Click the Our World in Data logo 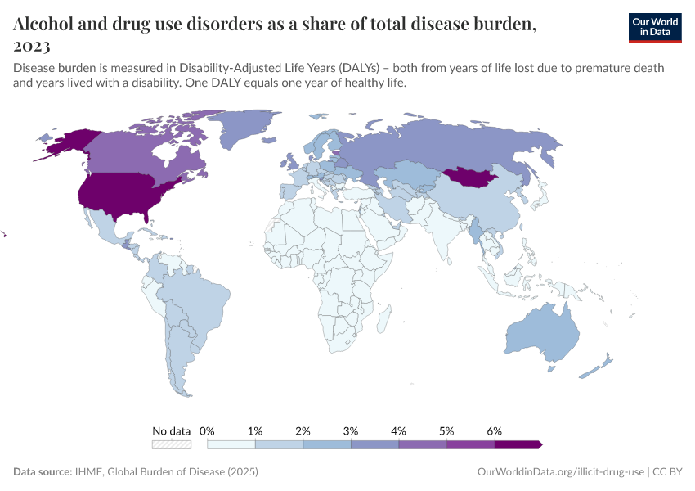pos(654,27)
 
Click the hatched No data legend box pos(172,444)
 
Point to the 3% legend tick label pos(351,430)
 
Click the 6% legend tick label pos(494,430)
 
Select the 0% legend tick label pos(207,430)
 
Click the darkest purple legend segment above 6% pos(518,444)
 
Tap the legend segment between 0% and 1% pos(231,444)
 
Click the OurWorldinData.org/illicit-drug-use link pos(560,472)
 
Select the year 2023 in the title pos(32,46)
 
